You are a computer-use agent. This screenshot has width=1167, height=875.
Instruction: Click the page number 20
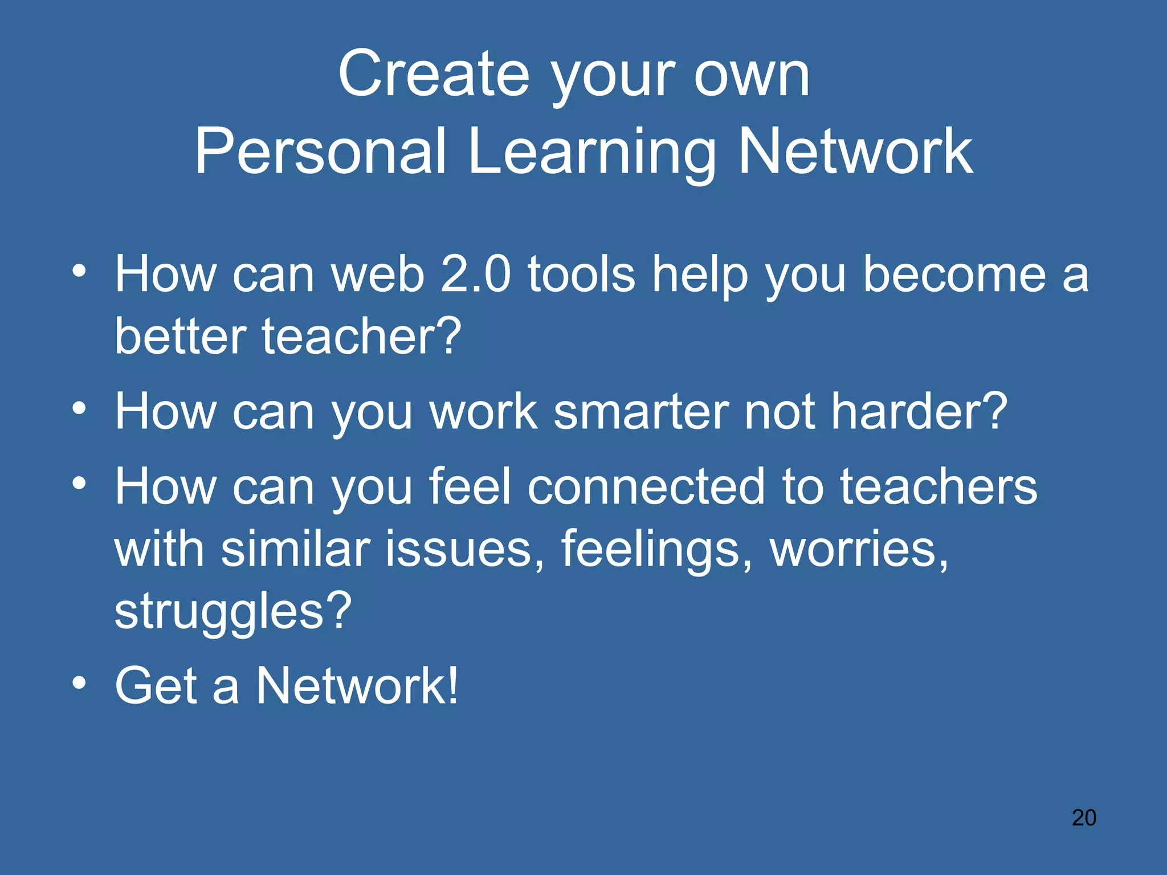pos(1084,818)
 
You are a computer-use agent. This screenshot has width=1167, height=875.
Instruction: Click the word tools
pos(581,274)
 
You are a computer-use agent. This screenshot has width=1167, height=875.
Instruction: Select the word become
pos(955,274)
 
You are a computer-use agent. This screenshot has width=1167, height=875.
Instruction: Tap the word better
pos(179,336)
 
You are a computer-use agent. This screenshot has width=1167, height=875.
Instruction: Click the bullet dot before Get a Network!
pos(80,682)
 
